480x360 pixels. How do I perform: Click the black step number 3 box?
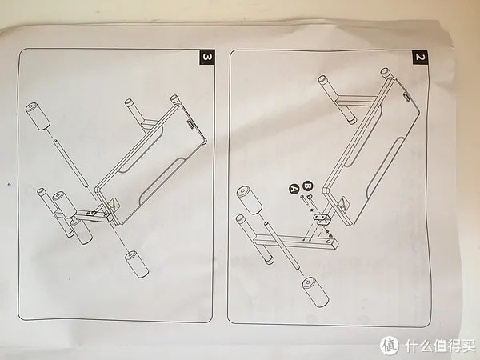tap(207, 58)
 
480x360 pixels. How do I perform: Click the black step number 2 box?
tap(420, 58)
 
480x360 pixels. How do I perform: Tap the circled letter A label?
tap(294, 189)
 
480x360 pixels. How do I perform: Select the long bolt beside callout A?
tap(303, 200)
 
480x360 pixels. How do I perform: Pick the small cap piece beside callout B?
tap(309, 196)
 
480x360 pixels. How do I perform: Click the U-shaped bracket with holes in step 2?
tap(322, 218)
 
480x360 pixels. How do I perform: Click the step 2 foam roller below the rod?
tap(315, 292)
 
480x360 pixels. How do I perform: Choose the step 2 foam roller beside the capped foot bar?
tap(250, 200)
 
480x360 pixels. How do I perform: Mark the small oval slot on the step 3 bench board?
tap(190, 125)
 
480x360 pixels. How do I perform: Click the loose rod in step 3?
tap(71, 163)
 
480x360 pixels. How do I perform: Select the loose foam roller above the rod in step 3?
tap(38, 116)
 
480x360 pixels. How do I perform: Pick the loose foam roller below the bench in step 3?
tap(137, 264)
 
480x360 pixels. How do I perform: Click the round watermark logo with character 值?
tap(389, 346)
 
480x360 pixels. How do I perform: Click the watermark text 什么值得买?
tap(439, 346)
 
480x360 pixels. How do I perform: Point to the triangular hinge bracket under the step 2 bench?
tap(344, 204)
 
